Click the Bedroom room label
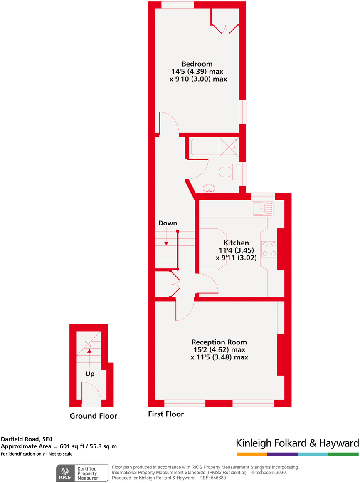coord(197,64)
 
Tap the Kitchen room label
coord(236,243)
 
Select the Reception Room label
coord(219,342)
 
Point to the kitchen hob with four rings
coord(269,249)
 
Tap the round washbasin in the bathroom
coord(210,189)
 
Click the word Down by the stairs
coord(168,223)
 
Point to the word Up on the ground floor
coord(90,374)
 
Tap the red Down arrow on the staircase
coord(166,243)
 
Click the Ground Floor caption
coord(93,416)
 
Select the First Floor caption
coord(166,414)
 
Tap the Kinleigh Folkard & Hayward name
coord(297,443)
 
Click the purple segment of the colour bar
coord(282,454)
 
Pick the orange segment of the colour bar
coord(252,454)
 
